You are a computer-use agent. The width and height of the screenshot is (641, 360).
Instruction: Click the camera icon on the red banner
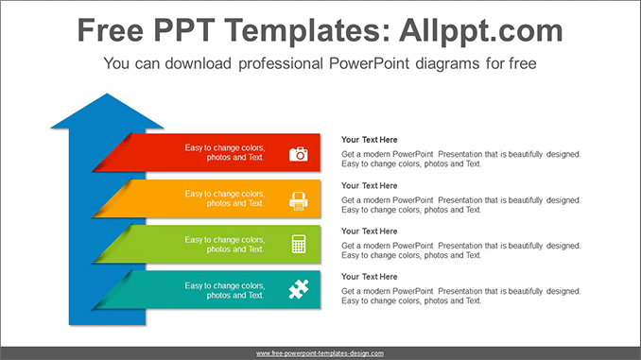tap(298, 153)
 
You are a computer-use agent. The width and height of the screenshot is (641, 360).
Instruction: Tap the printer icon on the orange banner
tap(298, 198)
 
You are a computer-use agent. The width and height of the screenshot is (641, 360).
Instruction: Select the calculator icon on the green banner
tap(298, 244)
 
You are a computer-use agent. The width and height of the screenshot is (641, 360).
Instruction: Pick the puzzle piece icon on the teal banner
tap(298, 289)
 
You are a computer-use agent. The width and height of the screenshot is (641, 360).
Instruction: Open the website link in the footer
tap(320, 352)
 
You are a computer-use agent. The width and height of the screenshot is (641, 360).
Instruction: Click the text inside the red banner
tap(224, 153)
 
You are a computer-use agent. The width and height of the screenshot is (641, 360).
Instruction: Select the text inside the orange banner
tap(224, 198)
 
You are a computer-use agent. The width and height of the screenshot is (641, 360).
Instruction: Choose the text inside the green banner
tap(224, 244)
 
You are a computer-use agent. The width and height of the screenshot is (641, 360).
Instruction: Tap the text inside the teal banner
tap(224, 289)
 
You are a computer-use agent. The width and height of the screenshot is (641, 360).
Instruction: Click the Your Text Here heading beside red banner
tap(370, 140)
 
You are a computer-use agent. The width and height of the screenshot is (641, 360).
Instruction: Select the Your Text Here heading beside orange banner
tap(370, 185)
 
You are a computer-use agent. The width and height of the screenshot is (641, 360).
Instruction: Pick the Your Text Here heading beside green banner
tap(370, 231)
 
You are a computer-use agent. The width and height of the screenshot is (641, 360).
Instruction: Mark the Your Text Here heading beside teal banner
tap(370, 276)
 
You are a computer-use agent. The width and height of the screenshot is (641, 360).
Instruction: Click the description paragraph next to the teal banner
tap(460, 296)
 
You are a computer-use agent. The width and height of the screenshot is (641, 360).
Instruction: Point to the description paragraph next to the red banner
tap(460, 159)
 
